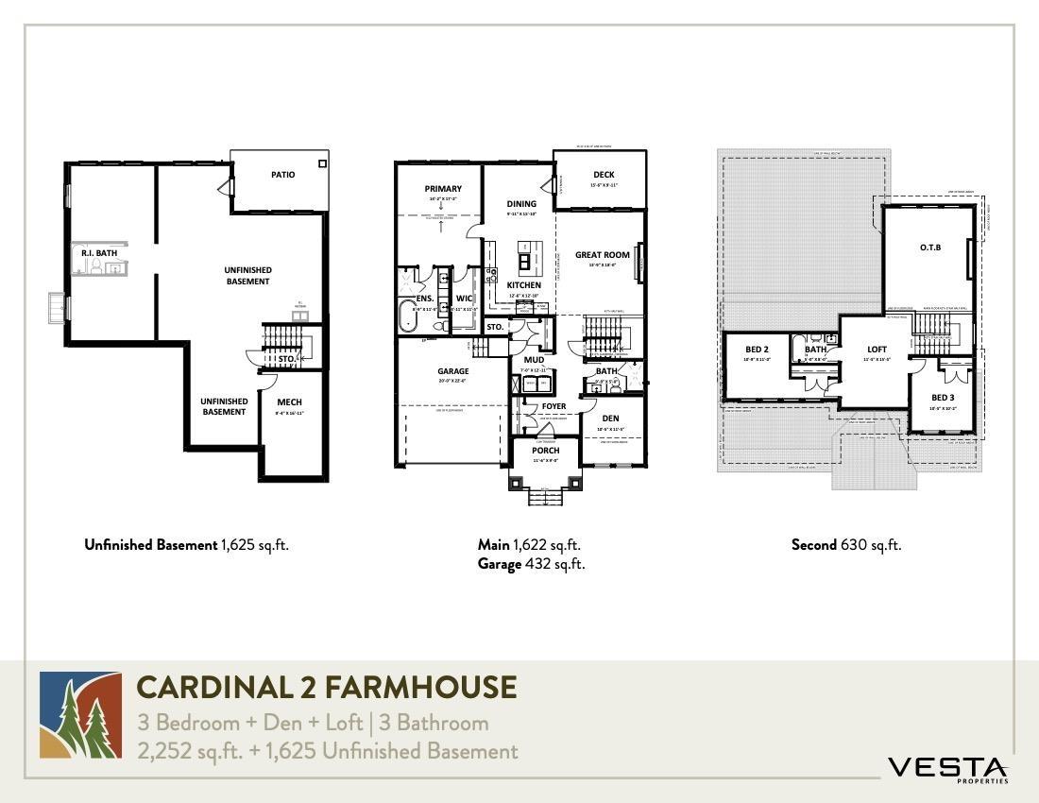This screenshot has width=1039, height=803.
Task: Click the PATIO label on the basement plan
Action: pyautogui.click(x=282, y=175)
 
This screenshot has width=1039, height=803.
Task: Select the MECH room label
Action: pyautogui.click(x=289, y=402)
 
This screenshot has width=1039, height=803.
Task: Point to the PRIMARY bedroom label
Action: pyautogui.click(x=442, y=189)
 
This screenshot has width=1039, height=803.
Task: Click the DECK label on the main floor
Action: pyautogui.click(x=604, y=175)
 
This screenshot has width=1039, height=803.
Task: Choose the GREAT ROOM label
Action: pyautogui.click(x=602, y=255)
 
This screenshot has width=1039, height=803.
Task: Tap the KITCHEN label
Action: pyautogui.click(x=524, y=285)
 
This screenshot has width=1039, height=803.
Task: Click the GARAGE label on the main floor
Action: pyautogui.click(x=452, y=371)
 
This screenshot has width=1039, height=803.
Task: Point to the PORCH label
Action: pyautogui.click(x=545, y=451)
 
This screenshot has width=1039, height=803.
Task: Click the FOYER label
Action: pyautogui.click(x=554, y=407)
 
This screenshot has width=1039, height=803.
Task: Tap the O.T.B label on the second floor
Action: pyautogui.click(x=928, y=248)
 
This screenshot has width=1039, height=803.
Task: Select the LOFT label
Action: pyautogui.click(x=877, y=350)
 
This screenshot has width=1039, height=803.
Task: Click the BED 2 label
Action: pyautogui.click(x=758, y=350)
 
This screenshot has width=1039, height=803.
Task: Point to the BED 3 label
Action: pyautogui.click(x=942, y=398)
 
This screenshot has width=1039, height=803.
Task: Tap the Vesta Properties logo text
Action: pyautogui.click(x=947, y=768)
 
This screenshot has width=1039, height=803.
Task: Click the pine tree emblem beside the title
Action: pyautogui.click(x=80, y=715)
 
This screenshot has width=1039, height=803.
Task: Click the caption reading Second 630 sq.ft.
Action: pyautogui.click(x=845, y=545)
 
